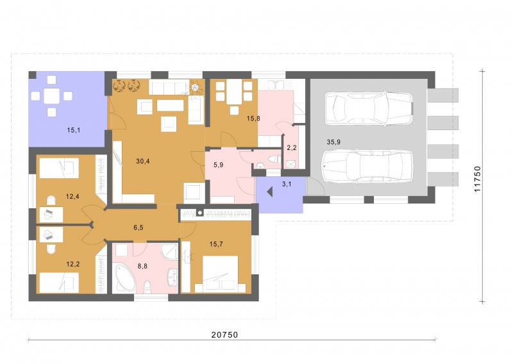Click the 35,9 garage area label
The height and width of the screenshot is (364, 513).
click(333, 142)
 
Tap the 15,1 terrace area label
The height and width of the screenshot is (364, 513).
click(74, 130)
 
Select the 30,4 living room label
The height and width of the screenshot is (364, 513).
click(143, 161)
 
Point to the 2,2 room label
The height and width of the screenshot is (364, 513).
click(292, 148)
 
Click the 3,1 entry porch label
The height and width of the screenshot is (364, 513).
click(287, 184)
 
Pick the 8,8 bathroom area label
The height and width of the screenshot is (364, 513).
click(142, 266)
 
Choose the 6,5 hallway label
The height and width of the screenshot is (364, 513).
click(139, 227)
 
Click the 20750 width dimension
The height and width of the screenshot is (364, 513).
click(224, 335)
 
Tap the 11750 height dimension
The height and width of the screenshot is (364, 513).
click(477, 179)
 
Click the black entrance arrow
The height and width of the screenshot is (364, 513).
click(270, 192)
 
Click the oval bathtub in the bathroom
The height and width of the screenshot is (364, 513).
click(124, 278)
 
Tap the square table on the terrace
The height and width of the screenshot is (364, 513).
click(52, 96)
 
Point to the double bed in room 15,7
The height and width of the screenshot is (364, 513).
click(220, 274)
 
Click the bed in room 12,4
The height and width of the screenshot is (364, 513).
click(59, 168)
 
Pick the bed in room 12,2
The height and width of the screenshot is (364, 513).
click(59, 283)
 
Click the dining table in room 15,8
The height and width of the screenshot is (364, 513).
click(234, 92)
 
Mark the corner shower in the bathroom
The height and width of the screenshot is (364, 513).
click(169, 252)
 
